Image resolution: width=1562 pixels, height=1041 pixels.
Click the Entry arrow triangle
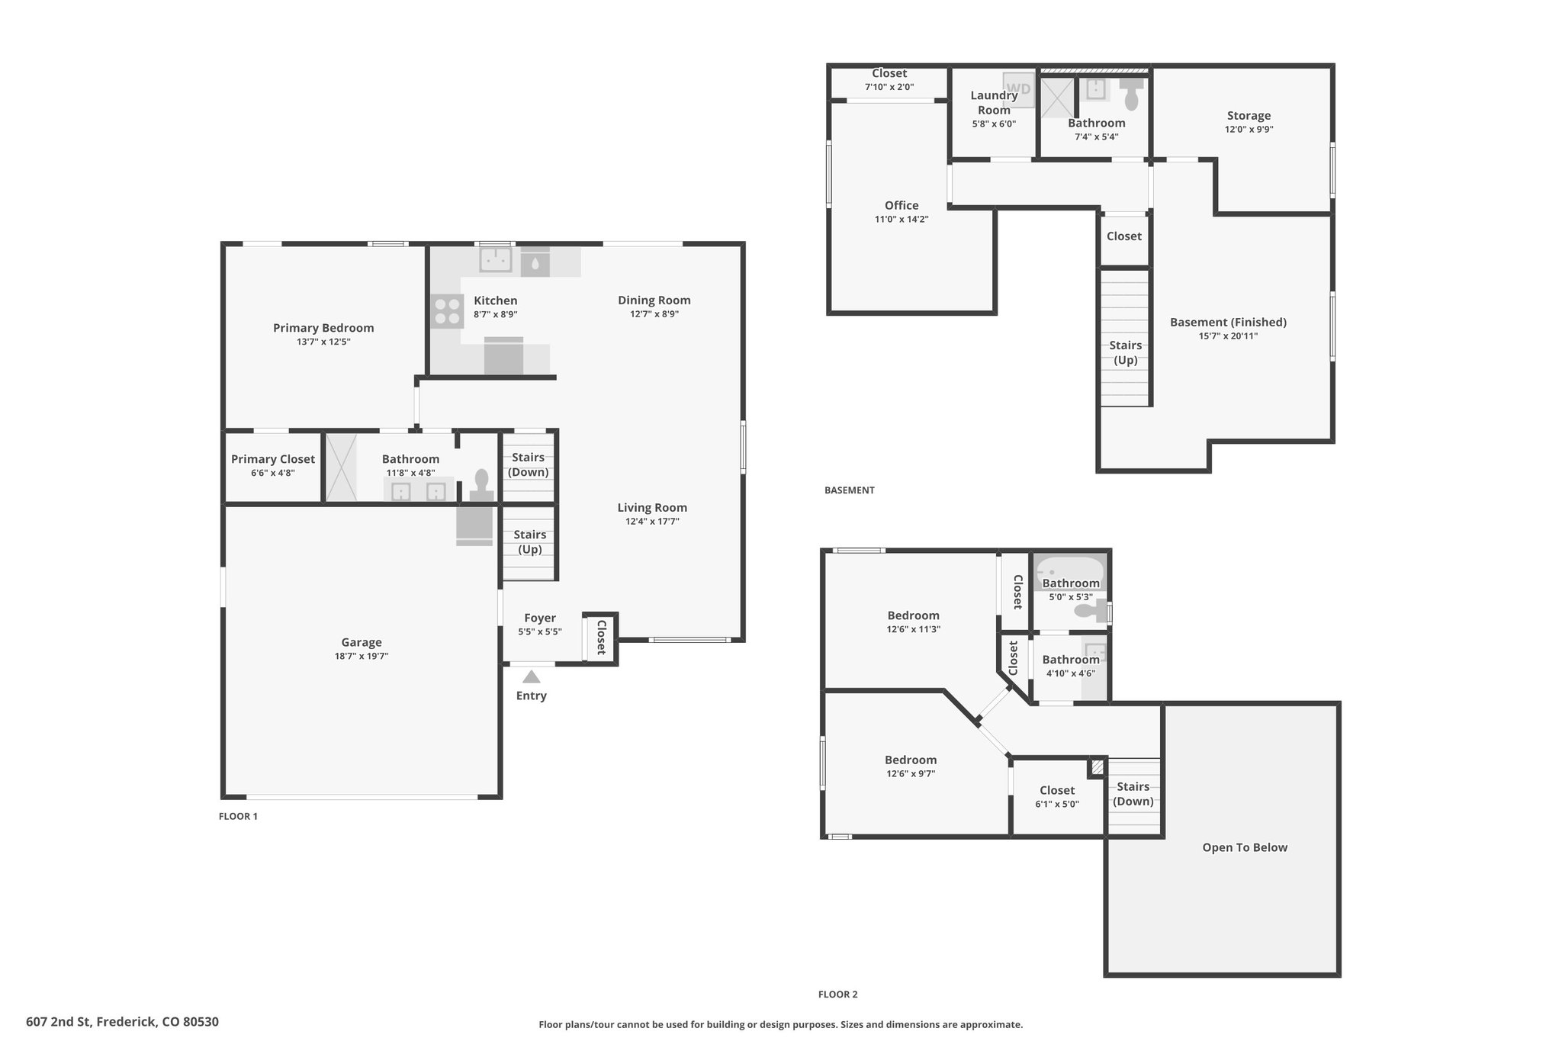(532, 676)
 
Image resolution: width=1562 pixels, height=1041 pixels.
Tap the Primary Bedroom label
(323, 328)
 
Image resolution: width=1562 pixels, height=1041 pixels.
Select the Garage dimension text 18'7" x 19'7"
(362, 656)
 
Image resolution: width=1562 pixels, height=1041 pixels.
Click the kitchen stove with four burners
(446, 311)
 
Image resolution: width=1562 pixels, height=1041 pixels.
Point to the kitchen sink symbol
(496, 260)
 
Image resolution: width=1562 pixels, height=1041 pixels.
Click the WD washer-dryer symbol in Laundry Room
(1018, 89)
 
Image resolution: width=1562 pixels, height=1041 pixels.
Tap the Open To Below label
(1245, 847)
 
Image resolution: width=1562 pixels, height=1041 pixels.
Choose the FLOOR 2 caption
(837, 994)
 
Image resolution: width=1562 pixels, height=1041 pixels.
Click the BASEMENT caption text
(849, 490)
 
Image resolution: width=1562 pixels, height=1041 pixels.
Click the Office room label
(902, 205)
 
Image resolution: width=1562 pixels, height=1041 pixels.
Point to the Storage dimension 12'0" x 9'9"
(1249, 129)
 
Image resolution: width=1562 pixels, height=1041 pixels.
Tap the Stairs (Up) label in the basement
(1126, 352)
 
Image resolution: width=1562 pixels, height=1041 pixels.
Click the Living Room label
(652, 508)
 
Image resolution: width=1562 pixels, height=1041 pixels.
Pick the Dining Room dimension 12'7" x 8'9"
(654, 314)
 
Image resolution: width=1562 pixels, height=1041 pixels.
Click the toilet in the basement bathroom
(1133, 94)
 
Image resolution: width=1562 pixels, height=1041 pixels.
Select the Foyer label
(540, 618)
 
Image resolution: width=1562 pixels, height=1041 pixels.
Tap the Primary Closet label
(273, 459)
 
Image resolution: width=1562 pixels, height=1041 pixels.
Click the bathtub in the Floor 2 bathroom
(1069, 571)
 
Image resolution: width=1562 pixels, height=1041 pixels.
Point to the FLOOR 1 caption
(238, 816)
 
